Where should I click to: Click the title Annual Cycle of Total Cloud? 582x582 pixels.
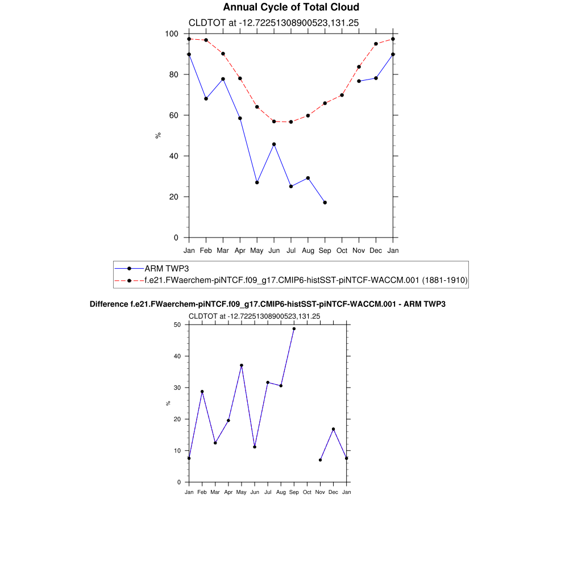click(x=291, y=7)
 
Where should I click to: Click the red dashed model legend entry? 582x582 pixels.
click(x=305, y=280)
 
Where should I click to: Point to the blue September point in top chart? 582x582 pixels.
click(x=325, y=202)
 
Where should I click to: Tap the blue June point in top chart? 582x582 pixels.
click(x=274, y=144)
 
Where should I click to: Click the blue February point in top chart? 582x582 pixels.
click(x=206, y=99)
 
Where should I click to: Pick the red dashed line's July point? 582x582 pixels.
click(x=291, y=122)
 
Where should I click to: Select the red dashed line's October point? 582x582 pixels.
click(x=342, y=95)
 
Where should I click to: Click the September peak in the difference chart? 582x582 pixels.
click(x=294, y=329)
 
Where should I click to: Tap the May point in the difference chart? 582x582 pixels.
click(x=242, y=365)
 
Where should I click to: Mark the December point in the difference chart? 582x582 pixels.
click(x=334, y=429)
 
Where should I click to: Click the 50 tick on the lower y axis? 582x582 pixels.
click(x=177, y=325)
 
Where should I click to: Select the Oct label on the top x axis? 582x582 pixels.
click(x=342, y=250)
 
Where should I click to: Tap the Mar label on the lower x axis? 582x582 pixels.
click(x=215, y=492)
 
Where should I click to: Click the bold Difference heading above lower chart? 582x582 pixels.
click(x=268, y=305)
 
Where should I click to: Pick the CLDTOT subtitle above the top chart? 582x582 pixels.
click(x=273, y=23)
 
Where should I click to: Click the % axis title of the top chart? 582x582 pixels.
click(x=159, y=135)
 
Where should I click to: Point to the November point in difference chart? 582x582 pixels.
click(x=321, y=460)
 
